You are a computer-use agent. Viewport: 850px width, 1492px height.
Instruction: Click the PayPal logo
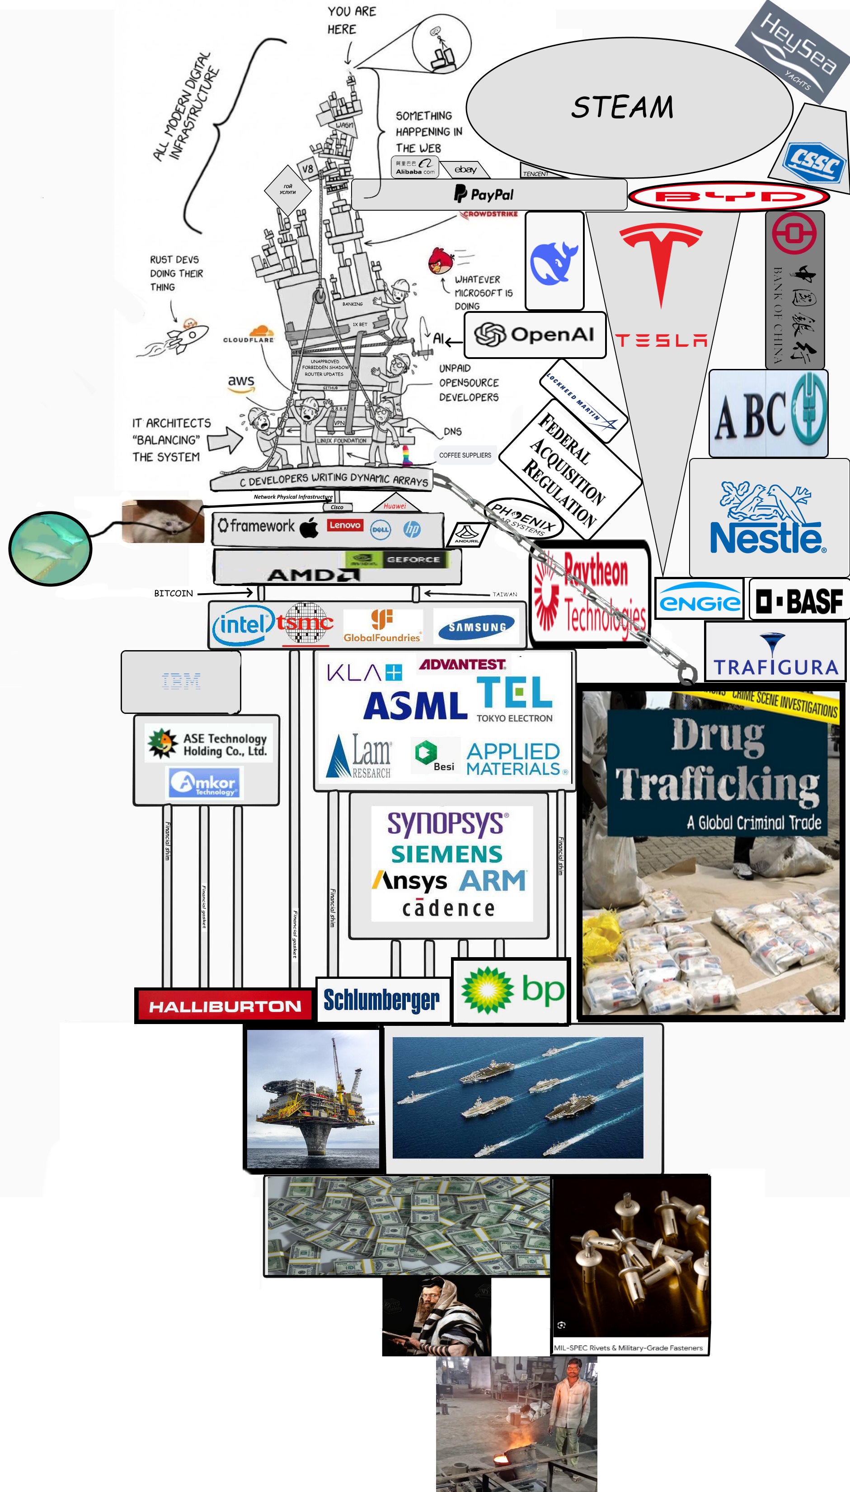pos(484,194)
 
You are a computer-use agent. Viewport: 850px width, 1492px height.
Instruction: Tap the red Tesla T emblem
pos(661,260)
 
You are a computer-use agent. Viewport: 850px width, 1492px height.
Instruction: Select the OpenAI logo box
pos(535,335)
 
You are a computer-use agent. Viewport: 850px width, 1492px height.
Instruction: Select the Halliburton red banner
pos(225,1006)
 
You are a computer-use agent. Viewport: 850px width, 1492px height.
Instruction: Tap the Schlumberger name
pos(382,1000)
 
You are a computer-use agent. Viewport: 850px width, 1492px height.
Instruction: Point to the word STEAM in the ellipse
pos(622,108)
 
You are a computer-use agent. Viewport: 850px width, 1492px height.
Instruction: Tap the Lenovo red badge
pos(344,525)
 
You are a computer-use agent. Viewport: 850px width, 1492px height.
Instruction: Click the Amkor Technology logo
pos(206,783)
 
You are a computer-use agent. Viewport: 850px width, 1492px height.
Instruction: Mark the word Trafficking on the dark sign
pos(718,784)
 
